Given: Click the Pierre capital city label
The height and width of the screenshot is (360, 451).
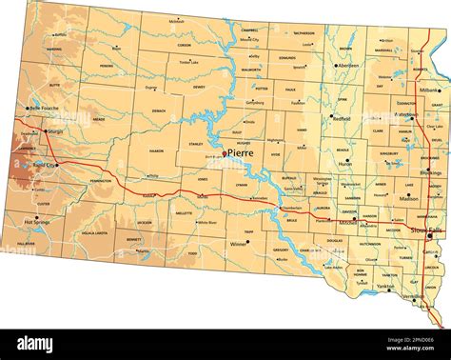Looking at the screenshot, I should [240, 151].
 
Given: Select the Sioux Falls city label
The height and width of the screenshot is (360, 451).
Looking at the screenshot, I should [424, 230].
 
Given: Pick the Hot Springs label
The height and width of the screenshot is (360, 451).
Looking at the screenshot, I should [37, 221].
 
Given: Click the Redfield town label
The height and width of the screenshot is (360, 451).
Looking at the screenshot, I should [340, 119].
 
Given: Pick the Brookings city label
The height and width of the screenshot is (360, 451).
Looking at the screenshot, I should [430, 174].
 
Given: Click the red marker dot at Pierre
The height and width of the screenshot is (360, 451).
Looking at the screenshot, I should [225, 154].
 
